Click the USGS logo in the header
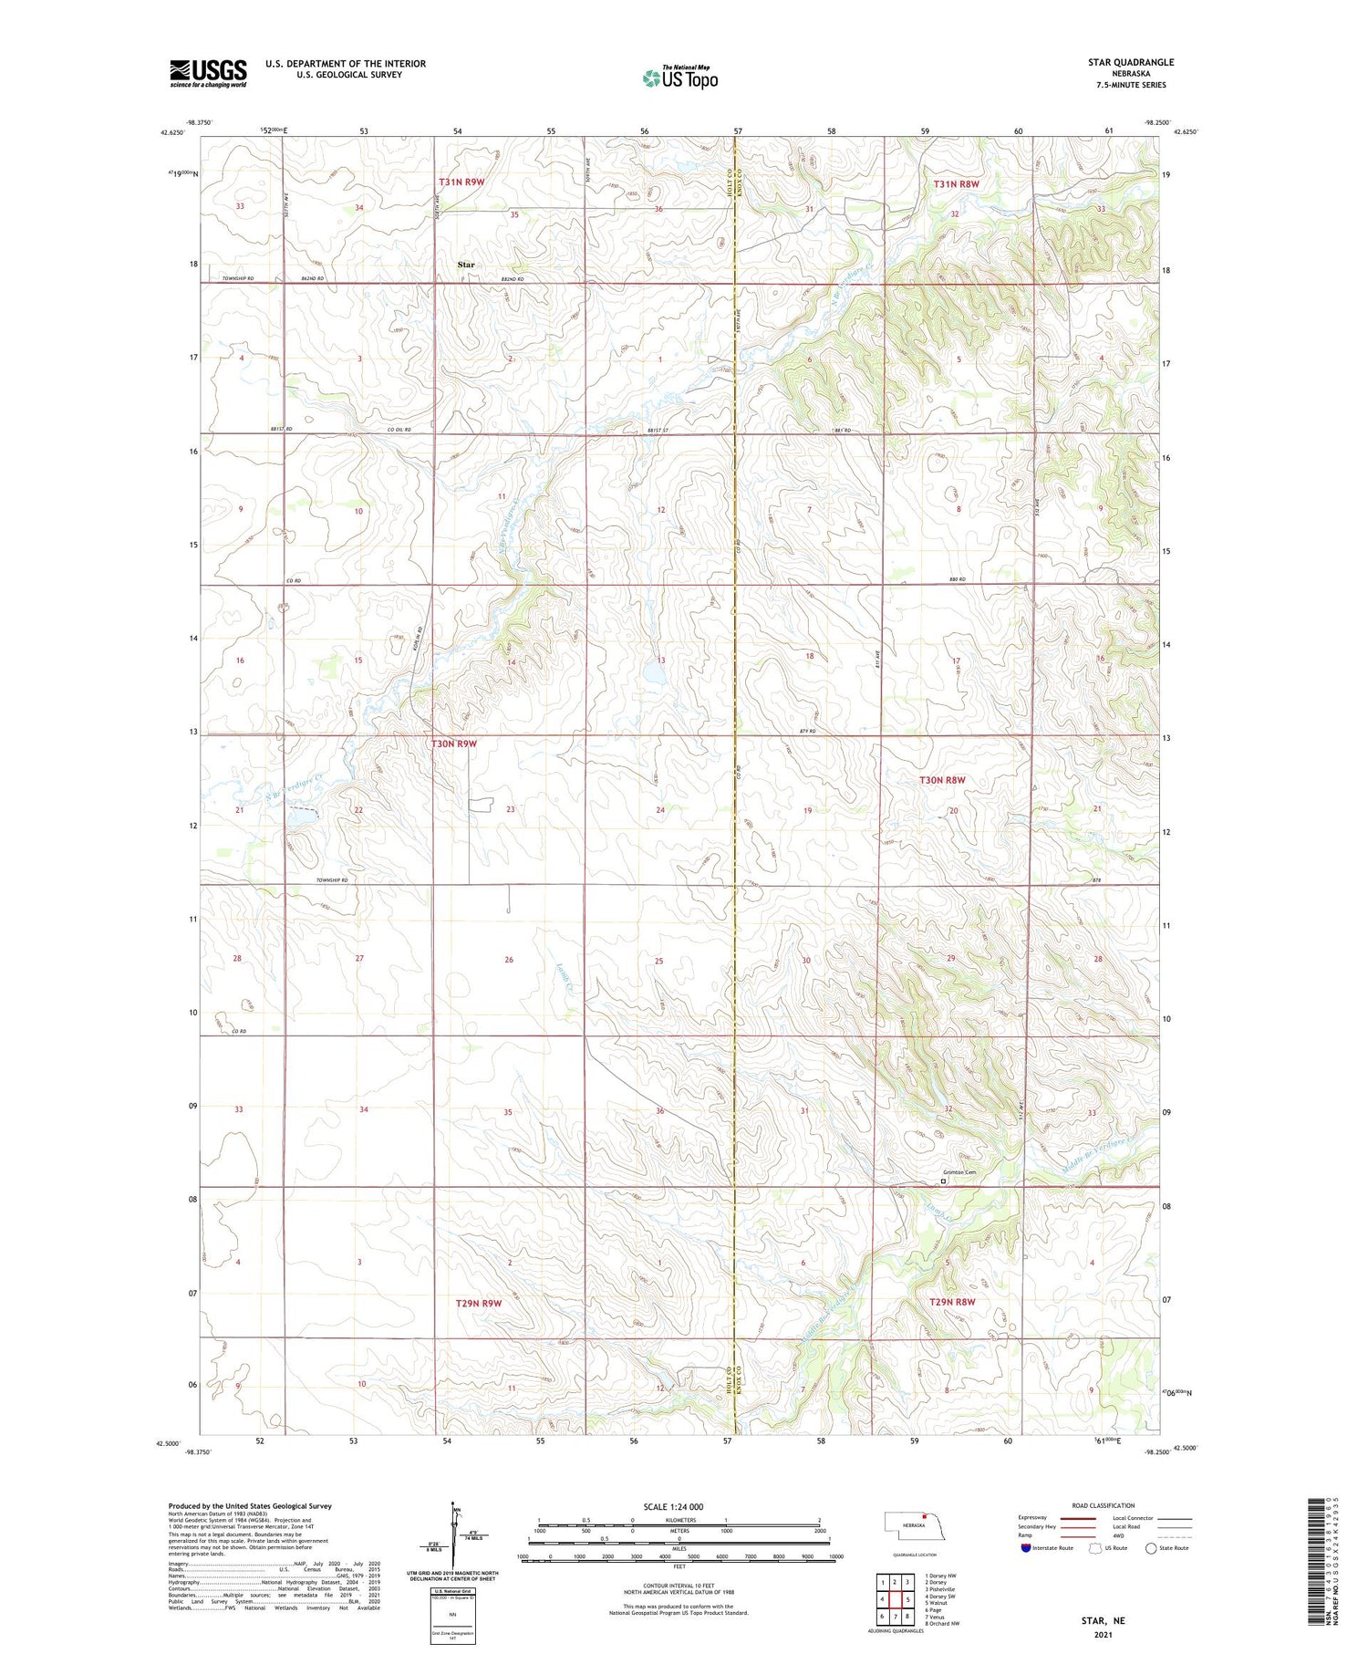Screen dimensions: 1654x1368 [x=208, y=73]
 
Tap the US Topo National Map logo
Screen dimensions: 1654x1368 [x=680, y=78]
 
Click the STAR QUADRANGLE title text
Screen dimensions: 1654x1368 [x=1130, y=62]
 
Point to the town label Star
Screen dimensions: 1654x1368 [x=466, y=265]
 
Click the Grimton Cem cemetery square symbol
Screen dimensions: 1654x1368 [x=944, y=1181]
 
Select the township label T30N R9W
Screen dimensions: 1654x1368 [x=454, y=744]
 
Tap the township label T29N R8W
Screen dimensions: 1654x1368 [x=953, y=1302]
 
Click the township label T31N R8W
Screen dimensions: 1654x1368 [x=956, y=184]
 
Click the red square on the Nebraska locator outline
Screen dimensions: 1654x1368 [x=923, y=1519]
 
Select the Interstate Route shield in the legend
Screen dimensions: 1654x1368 [x=1028, y=1547]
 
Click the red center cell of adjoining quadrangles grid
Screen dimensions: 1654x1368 [x=895, y=1599]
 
